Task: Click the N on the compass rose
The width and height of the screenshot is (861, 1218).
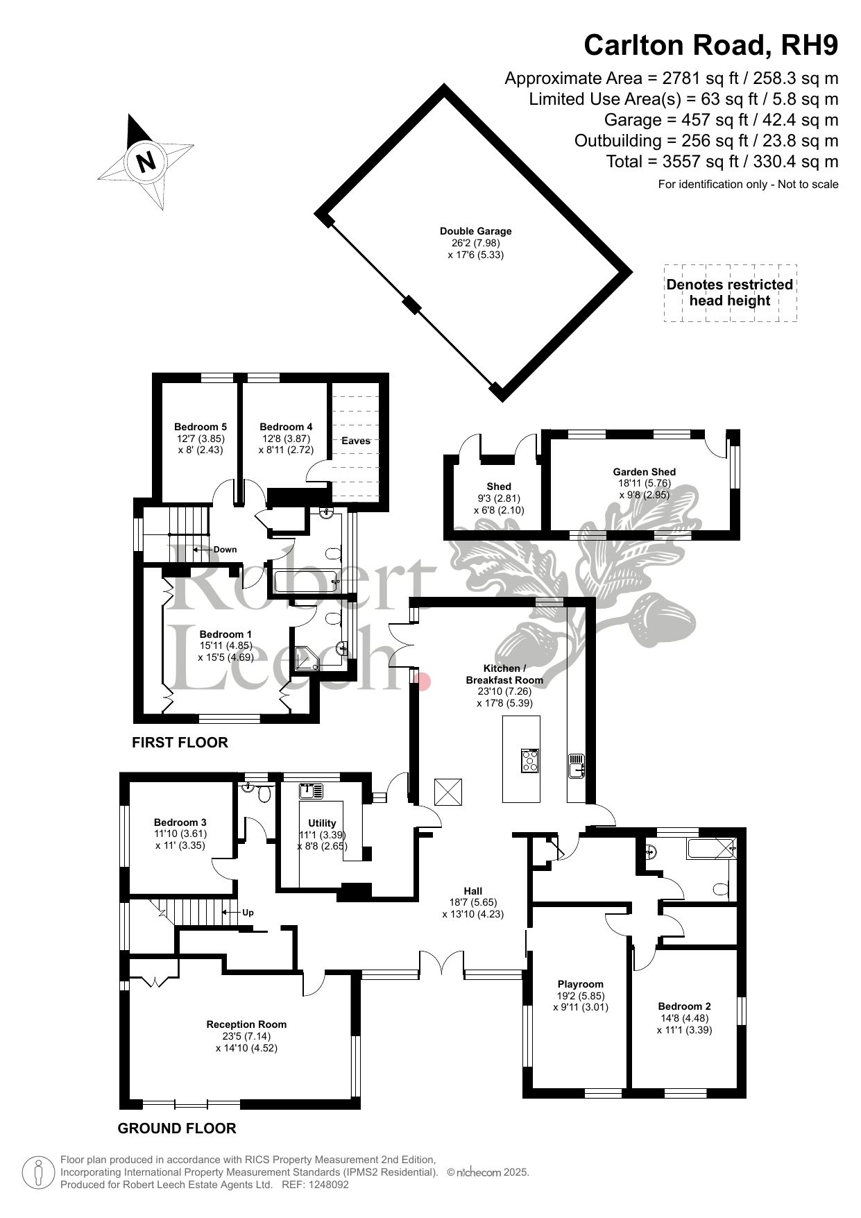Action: (x=146, y=162)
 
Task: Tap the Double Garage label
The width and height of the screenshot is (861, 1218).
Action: (x=475, y=231)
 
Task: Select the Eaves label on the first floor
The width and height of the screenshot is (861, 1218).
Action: (x=356, y=441)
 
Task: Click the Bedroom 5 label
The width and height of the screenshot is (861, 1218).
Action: (x=201, y=427)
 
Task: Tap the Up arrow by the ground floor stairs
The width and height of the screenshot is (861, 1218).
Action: (x=231, y=913)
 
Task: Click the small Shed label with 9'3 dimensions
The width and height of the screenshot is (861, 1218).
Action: (x=499, y=487)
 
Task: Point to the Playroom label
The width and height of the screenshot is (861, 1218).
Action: (x=581, y=983)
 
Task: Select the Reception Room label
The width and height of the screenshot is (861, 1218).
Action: (x=246, y=1024)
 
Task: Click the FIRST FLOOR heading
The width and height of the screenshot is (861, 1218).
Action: (x=180, y=743)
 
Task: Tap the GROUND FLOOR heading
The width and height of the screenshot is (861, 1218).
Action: (x=177, y=1128)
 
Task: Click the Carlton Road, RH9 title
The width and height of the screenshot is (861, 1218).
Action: (x=711, y=45)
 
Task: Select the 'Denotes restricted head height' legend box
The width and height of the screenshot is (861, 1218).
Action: (x=730, y=293)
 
